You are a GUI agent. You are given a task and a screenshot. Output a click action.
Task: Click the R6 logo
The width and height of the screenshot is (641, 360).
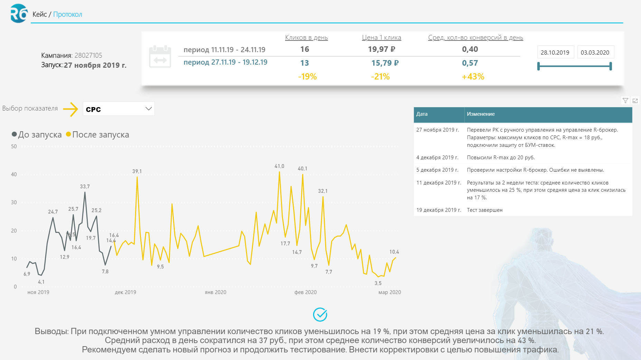click(x=19, y=13)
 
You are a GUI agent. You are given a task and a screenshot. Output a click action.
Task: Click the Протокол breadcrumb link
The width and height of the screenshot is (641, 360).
click(x=67, y=15)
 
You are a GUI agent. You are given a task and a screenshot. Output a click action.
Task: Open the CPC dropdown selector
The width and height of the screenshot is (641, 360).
click(x=119, y=109)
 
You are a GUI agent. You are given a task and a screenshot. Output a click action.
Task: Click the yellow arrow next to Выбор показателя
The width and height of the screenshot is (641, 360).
click(x=71, y=109)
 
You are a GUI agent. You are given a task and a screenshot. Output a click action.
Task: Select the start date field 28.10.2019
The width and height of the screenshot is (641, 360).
click(x=555, y=53)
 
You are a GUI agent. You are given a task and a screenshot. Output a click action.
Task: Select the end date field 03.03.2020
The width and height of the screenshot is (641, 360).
click(x=595, y=53)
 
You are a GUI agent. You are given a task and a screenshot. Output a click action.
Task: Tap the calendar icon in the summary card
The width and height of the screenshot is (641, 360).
click(x=160, y=57)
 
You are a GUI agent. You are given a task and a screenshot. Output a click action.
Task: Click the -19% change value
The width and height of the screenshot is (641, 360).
click(x=308, y=77)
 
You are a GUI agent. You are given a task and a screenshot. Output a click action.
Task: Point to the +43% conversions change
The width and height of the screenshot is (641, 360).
click(x=473, y=77)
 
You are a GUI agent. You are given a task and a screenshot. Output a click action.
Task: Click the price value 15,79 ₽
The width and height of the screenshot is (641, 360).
click(x=385, y=63)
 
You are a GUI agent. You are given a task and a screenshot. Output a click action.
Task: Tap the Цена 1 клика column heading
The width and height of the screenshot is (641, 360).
click(x=381, y=38)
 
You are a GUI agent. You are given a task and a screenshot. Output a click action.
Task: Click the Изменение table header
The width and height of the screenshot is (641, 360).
click(x=481, y=114)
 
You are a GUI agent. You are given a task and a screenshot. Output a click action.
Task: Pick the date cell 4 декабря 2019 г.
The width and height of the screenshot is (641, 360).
click(x=437, y=158)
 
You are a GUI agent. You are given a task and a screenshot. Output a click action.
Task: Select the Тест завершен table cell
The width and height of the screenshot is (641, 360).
click(x=484, y=210)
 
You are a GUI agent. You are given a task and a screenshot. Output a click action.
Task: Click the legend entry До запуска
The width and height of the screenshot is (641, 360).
click(x=37, y=135)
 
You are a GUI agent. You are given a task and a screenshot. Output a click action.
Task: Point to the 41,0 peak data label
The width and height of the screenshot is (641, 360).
click(x=279, y=166)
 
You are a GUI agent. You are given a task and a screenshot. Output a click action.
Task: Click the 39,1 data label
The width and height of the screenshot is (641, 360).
click(x=137, y=171)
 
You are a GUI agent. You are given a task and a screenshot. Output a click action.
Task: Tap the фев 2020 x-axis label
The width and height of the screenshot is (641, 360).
click(x=305, y=292)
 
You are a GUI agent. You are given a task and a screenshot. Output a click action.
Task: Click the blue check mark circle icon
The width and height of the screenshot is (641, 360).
click(x=320, y=315)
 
